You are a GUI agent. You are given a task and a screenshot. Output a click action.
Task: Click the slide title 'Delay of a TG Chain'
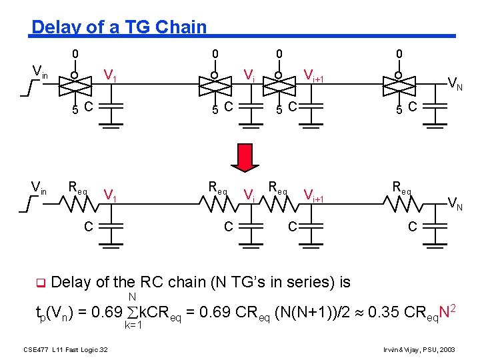pos(119,27)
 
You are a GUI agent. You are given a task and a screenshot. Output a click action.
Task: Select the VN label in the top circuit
pos(456,83)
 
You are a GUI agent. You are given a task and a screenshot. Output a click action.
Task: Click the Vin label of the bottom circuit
pos(39,192)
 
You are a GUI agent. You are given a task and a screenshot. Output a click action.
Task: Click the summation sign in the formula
pos(131,311)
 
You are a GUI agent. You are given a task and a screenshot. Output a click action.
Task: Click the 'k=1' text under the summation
pos(135,326)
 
